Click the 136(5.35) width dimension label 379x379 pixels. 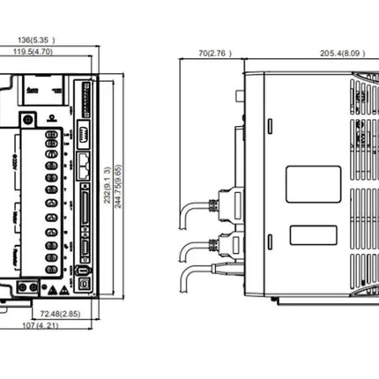(42, 40)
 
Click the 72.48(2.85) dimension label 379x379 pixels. (59, 313)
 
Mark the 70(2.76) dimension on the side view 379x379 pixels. (214, 54)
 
